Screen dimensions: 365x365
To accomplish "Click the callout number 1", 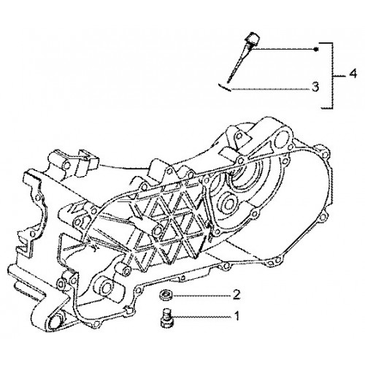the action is click(x=237, y=316).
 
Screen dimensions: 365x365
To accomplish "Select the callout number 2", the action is click(x=237, y=295).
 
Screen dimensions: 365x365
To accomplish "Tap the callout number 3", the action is click(x=315, y=87).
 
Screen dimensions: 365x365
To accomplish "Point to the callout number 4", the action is click(x=353, y=74).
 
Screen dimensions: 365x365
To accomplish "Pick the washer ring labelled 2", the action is click(x=166, y=296).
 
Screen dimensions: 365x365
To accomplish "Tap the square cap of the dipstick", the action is click(x=253, y=38).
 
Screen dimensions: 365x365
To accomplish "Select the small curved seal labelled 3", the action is click(x=224, y=87).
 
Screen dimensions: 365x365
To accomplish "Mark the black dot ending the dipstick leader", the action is click(x=315, y=50).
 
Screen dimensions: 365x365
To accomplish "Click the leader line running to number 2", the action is click(x=201, y=296).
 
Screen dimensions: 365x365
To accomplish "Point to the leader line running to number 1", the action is click(x=201, y=317).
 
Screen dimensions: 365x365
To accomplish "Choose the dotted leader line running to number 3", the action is click(x=269, y=89).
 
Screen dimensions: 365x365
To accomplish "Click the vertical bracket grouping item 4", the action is click(x=331, y=75).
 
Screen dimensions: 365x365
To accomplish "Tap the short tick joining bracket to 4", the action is click(x=339, y=76).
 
